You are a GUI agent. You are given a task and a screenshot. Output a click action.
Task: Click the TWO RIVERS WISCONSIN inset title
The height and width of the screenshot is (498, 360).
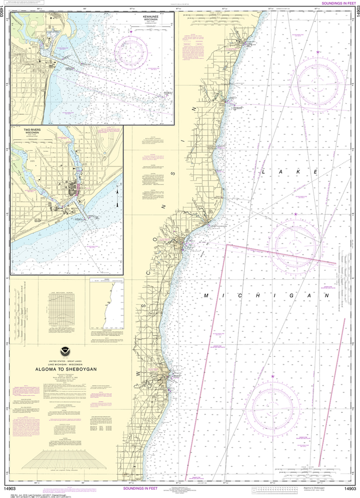(x=31, y=132)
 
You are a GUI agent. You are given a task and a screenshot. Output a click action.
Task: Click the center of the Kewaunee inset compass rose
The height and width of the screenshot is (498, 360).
(x=131, y=51)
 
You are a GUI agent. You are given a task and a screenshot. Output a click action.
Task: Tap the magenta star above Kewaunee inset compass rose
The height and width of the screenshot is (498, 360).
(x=131, y=32)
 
